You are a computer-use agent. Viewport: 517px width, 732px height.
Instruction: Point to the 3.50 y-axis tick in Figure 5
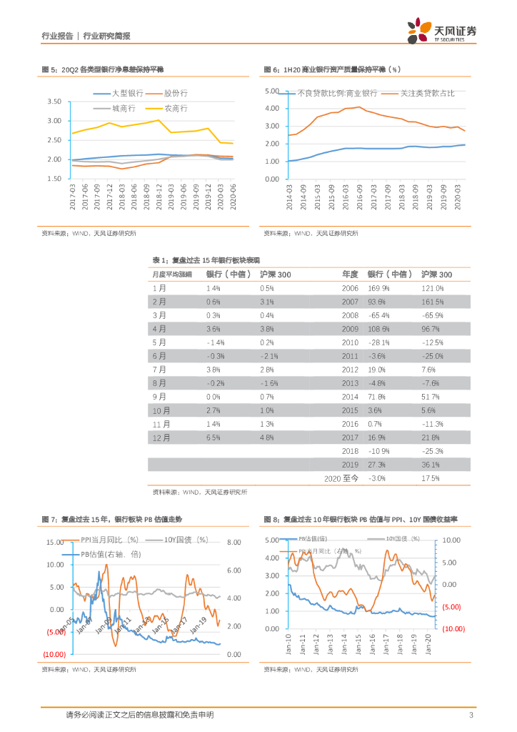point(54,102)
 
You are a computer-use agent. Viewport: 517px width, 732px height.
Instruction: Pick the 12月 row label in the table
point(161,437)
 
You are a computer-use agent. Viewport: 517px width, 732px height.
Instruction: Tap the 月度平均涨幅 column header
point(172,274)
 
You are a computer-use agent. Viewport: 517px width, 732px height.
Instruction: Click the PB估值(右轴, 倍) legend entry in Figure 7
point(111,554)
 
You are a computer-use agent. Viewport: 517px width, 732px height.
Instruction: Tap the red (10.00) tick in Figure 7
point(54,654)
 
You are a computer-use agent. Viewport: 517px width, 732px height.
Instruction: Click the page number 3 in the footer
point(471,716)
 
